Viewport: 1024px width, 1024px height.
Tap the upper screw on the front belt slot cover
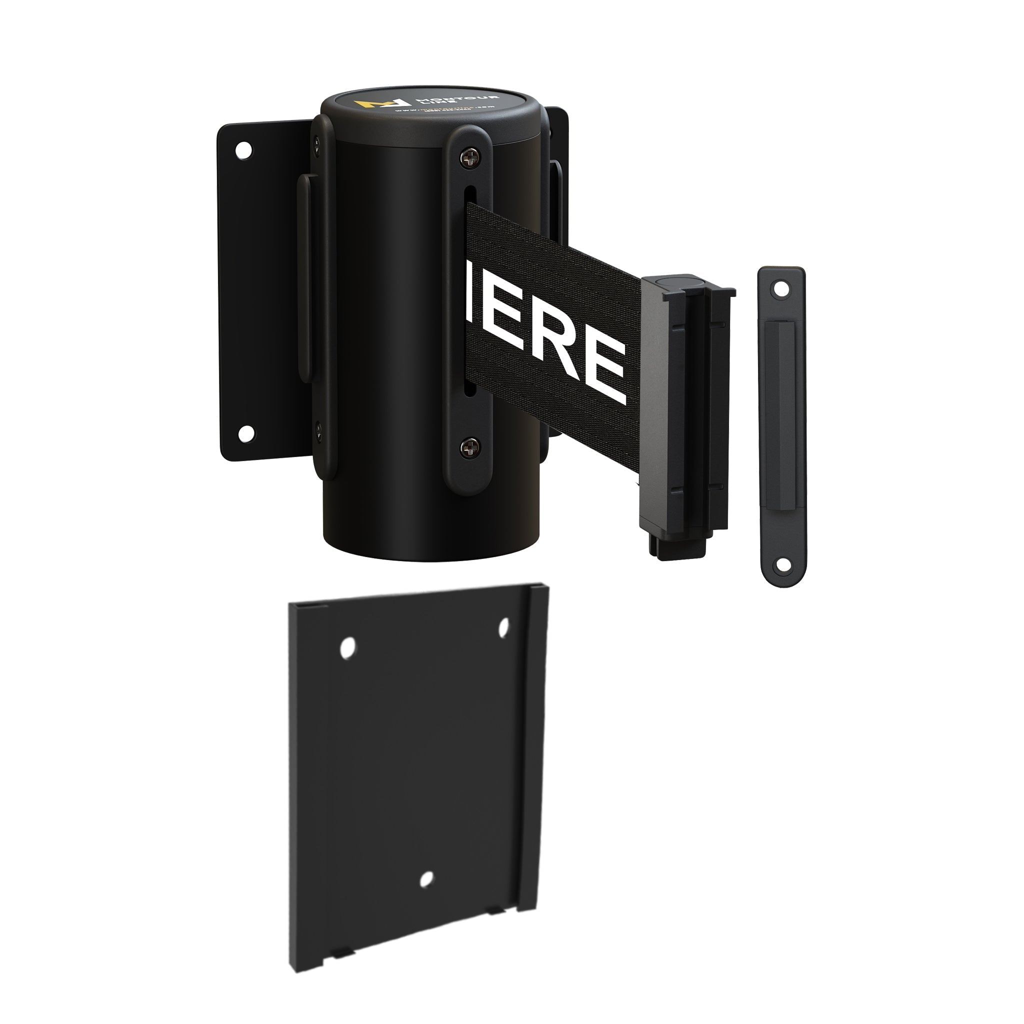pyautogui.click(x=469, y=157)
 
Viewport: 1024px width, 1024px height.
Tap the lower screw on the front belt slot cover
pyautogui.click(x=469, y=448)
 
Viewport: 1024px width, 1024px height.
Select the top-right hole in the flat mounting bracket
pyautogui.click(x=503, y=627)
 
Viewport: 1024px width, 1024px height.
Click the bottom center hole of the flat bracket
pyautogui.click(x=426, y=880)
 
